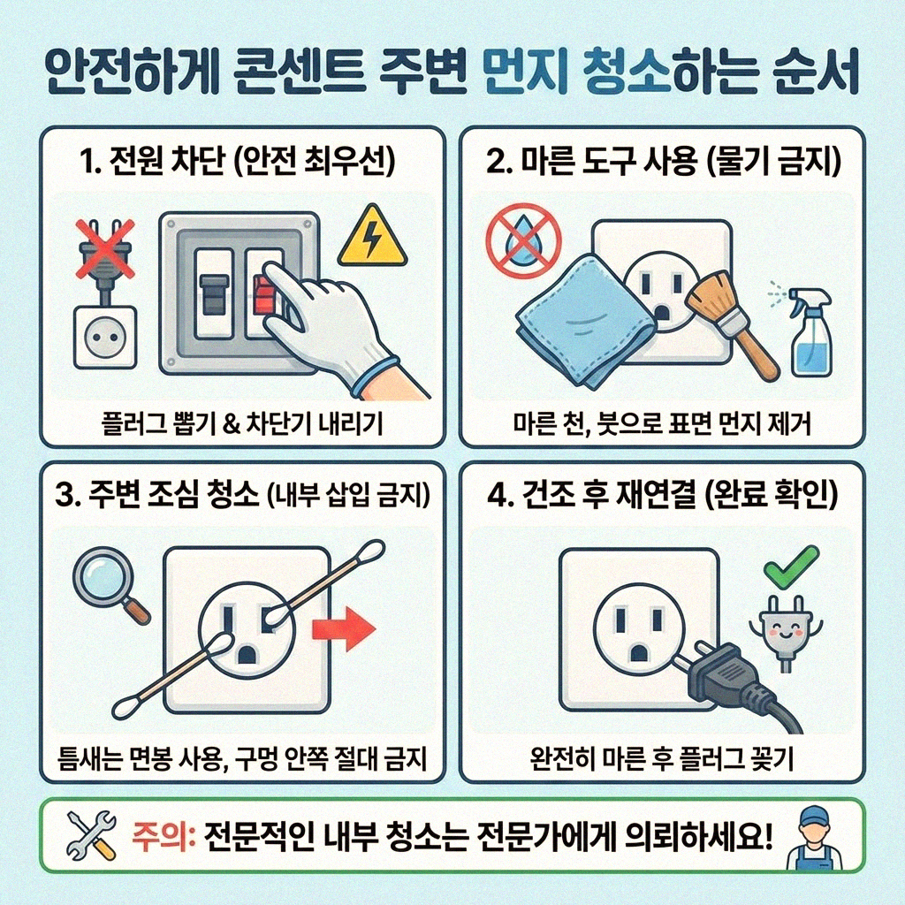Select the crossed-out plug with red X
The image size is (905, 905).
(x=103, y=251)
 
